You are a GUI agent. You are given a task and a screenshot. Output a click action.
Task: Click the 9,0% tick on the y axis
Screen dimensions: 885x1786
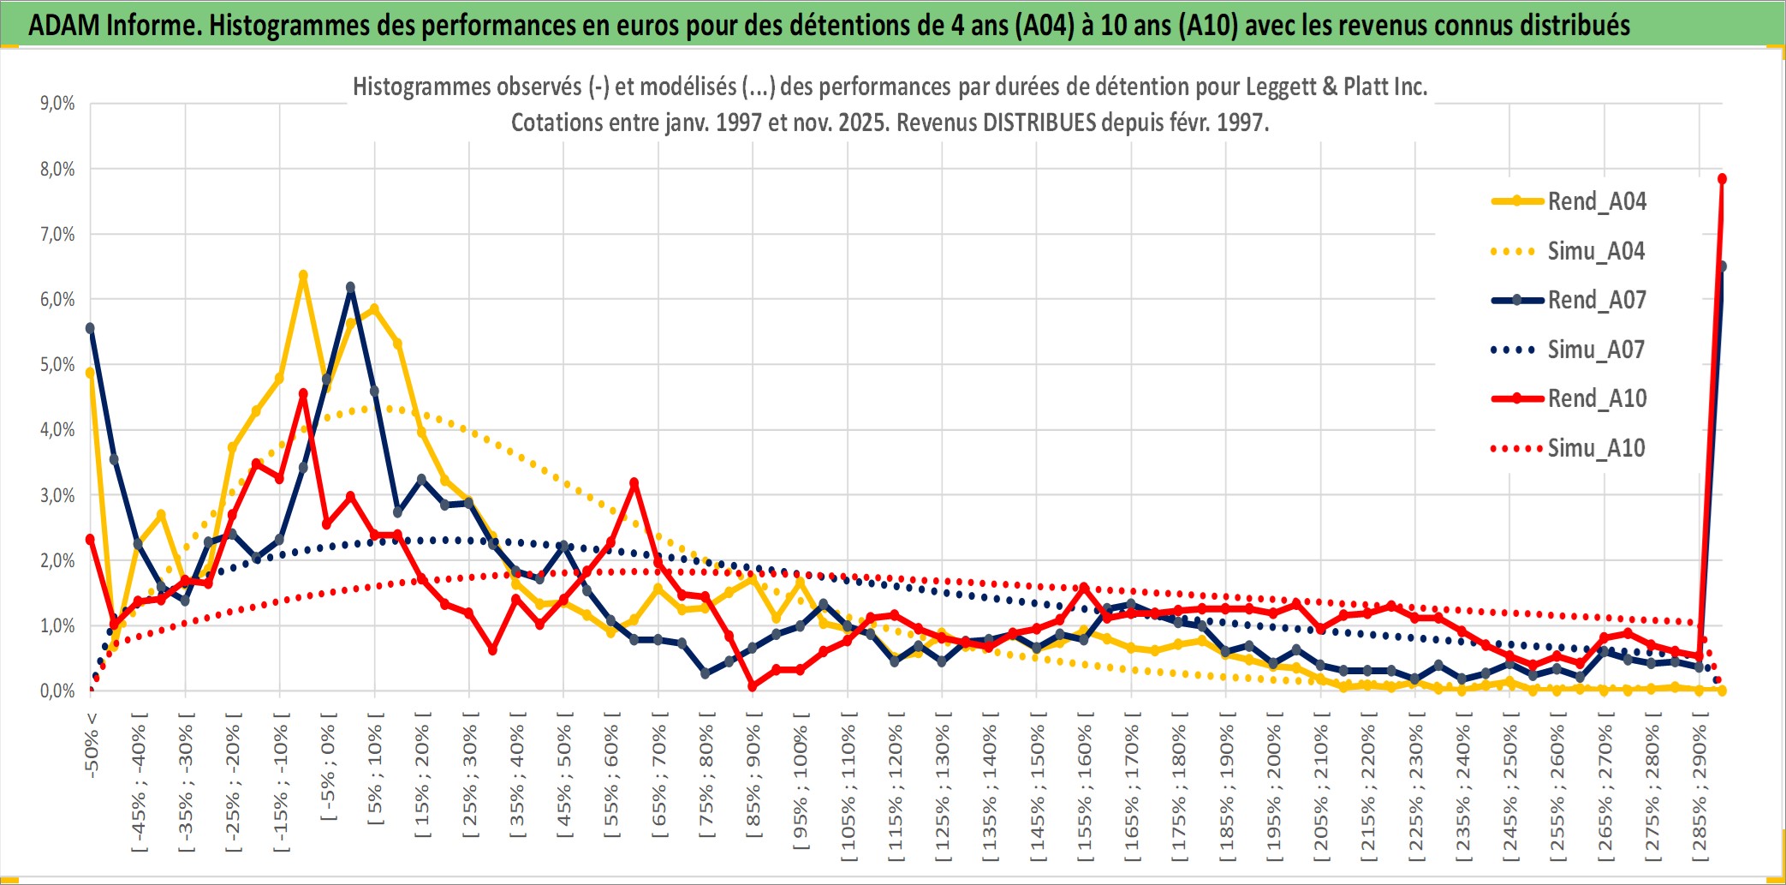(x=57, y=104)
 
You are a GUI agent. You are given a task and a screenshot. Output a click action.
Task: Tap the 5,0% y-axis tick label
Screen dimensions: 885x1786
(x=57, y=365)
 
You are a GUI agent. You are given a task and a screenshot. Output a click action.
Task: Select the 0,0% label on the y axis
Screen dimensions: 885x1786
(x=57, y=691)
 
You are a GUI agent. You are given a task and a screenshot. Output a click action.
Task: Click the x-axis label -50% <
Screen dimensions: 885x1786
(x=92, y=745)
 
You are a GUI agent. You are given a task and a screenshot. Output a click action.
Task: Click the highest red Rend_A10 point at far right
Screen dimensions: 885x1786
(x=1722, y=179)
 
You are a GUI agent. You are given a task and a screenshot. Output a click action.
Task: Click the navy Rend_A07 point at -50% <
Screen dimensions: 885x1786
(x=90, y=328)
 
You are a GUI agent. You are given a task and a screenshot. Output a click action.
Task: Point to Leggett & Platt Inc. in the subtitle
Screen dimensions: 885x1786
(x=1336, y=87)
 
